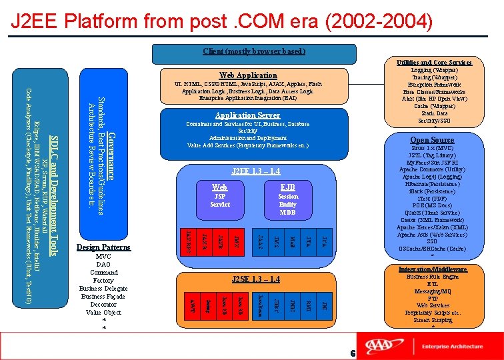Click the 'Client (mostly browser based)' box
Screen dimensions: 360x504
point(253,51)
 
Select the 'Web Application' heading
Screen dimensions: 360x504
point(248,75)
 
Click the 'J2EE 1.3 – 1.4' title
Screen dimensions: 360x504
point(255,171)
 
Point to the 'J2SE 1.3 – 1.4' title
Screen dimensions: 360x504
point(255,279)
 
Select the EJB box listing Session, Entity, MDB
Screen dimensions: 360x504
point(288,200)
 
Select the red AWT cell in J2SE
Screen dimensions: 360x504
point(192,305)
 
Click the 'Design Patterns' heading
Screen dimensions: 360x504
point(103,247)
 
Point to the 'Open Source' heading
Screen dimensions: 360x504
point(432,140)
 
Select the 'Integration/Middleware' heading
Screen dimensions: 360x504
point(433,269)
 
